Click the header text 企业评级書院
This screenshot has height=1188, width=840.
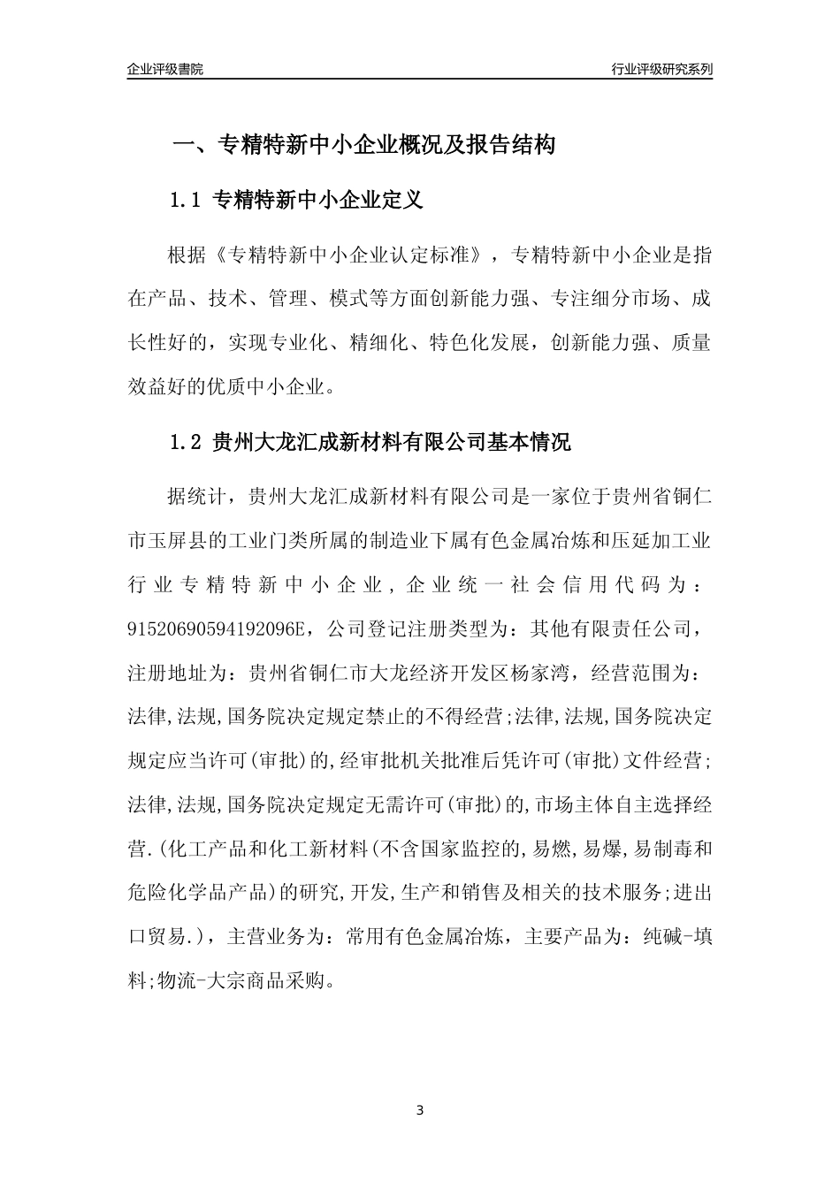point(165,69)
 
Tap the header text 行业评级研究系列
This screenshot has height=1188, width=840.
point(661,69)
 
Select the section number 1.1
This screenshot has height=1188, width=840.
point(187,201)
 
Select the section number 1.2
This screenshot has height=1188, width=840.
point(187,443)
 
